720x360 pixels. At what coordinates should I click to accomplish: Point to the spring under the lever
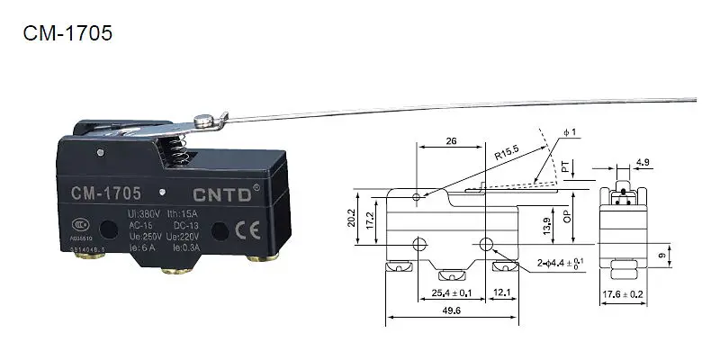(x=177, y=148)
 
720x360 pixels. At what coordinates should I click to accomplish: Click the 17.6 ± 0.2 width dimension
(x=624, y=293)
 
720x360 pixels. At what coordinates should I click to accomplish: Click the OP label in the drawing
(x=565, y=217)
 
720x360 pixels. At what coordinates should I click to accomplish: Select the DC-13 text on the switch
(x=184, y=225)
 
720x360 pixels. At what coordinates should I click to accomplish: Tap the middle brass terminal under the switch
(x=172, y=270)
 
